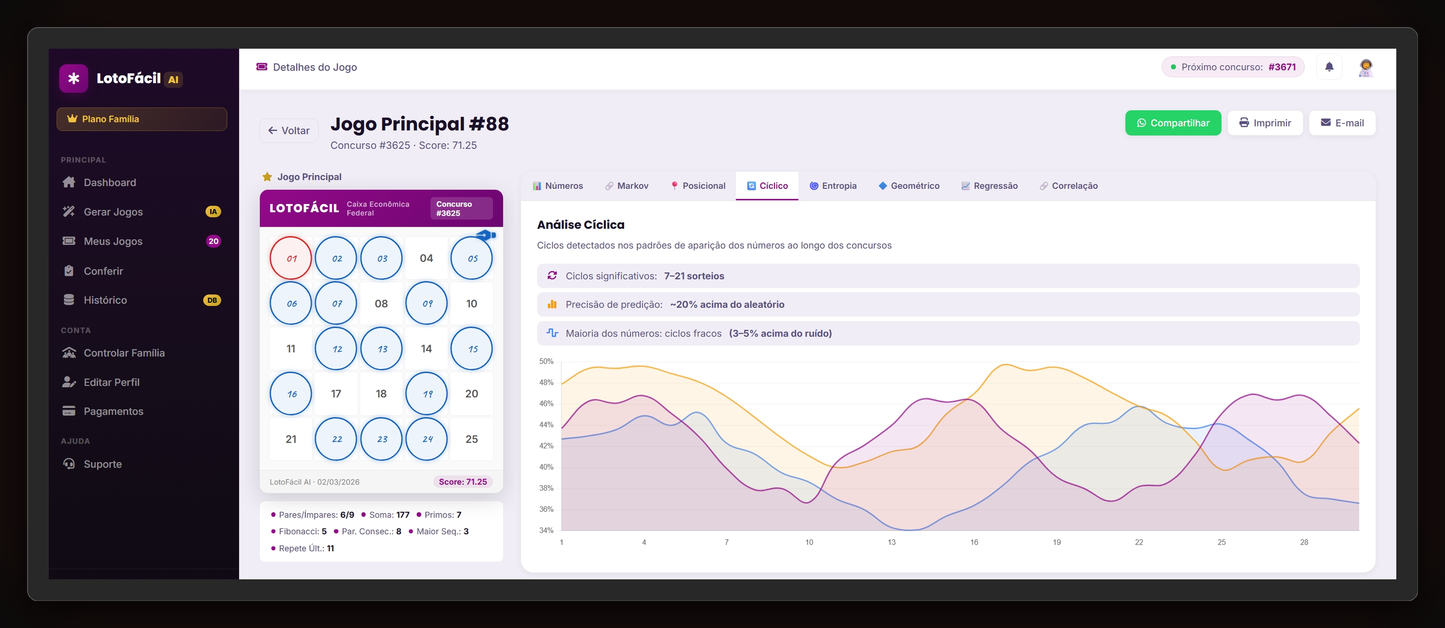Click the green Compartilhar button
1172,123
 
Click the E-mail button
1342,123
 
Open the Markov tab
627,186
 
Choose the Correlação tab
1069,186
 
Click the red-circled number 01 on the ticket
291,259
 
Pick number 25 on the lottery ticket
471,439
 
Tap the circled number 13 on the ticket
382,349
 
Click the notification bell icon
1329,67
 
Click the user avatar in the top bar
1365,67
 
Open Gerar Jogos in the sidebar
113,212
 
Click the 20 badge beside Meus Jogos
213,241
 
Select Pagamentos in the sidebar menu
113,411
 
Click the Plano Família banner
141,119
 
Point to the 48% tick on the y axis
546,382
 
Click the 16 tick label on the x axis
974,542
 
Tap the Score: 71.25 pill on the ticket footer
462,481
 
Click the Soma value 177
403,515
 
